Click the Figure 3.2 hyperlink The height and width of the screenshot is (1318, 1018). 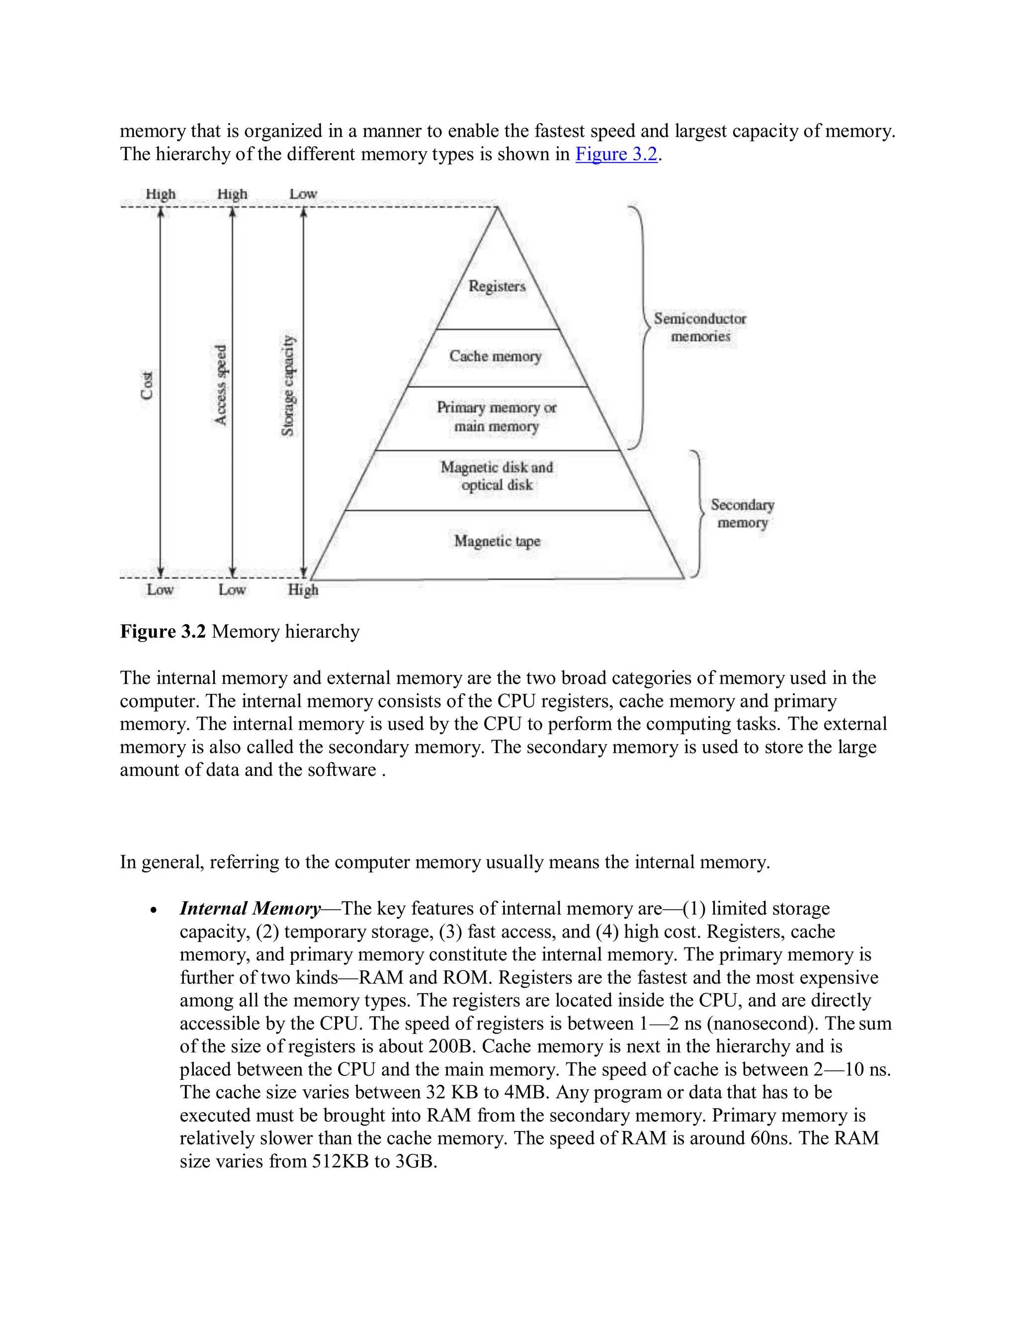click(616, 155)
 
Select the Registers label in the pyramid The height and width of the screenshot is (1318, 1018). click(497, 286)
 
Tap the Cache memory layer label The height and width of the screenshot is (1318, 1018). click(495, 356)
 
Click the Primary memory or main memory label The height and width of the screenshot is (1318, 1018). click(497, 417)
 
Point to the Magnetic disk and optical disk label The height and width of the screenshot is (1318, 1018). click(497, 476)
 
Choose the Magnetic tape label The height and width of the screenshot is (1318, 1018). click(497, 541)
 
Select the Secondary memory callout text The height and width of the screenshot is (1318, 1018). click(742, 514)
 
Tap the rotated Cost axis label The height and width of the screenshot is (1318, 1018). click(147, 385)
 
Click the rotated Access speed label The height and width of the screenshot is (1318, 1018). click(221, 384)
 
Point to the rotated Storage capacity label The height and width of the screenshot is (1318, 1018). click(288, 385)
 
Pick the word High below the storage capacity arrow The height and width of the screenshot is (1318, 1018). click(303, 589)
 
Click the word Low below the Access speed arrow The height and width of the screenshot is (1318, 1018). click(232, 589)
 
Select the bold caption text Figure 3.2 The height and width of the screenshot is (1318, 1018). click(163, 632)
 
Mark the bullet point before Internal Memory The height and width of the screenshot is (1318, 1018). click(155, 911)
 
